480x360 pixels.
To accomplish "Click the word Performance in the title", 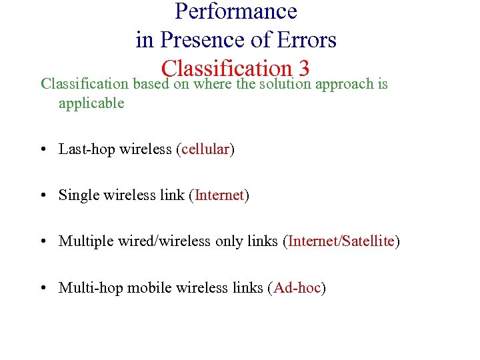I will point(236,11).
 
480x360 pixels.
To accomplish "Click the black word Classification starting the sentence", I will point(85,85).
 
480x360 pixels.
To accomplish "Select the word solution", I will point(285,85).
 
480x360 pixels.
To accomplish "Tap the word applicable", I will point(91,103).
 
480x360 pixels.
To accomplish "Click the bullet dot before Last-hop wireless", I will point(43,150).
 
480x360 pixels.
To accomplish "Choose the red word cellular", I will point(205,149).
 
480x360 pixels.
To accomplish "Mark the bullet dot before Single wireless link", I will point(43,196).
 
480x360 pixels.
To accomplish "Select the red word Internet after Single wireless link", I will point(219,195).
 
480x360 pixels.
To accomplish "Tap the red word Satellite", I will point(368,241).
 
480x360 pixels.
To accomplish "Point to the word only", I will point(229,242).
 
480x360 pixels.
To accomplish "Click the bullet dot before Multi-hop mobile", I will point(43,288).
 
